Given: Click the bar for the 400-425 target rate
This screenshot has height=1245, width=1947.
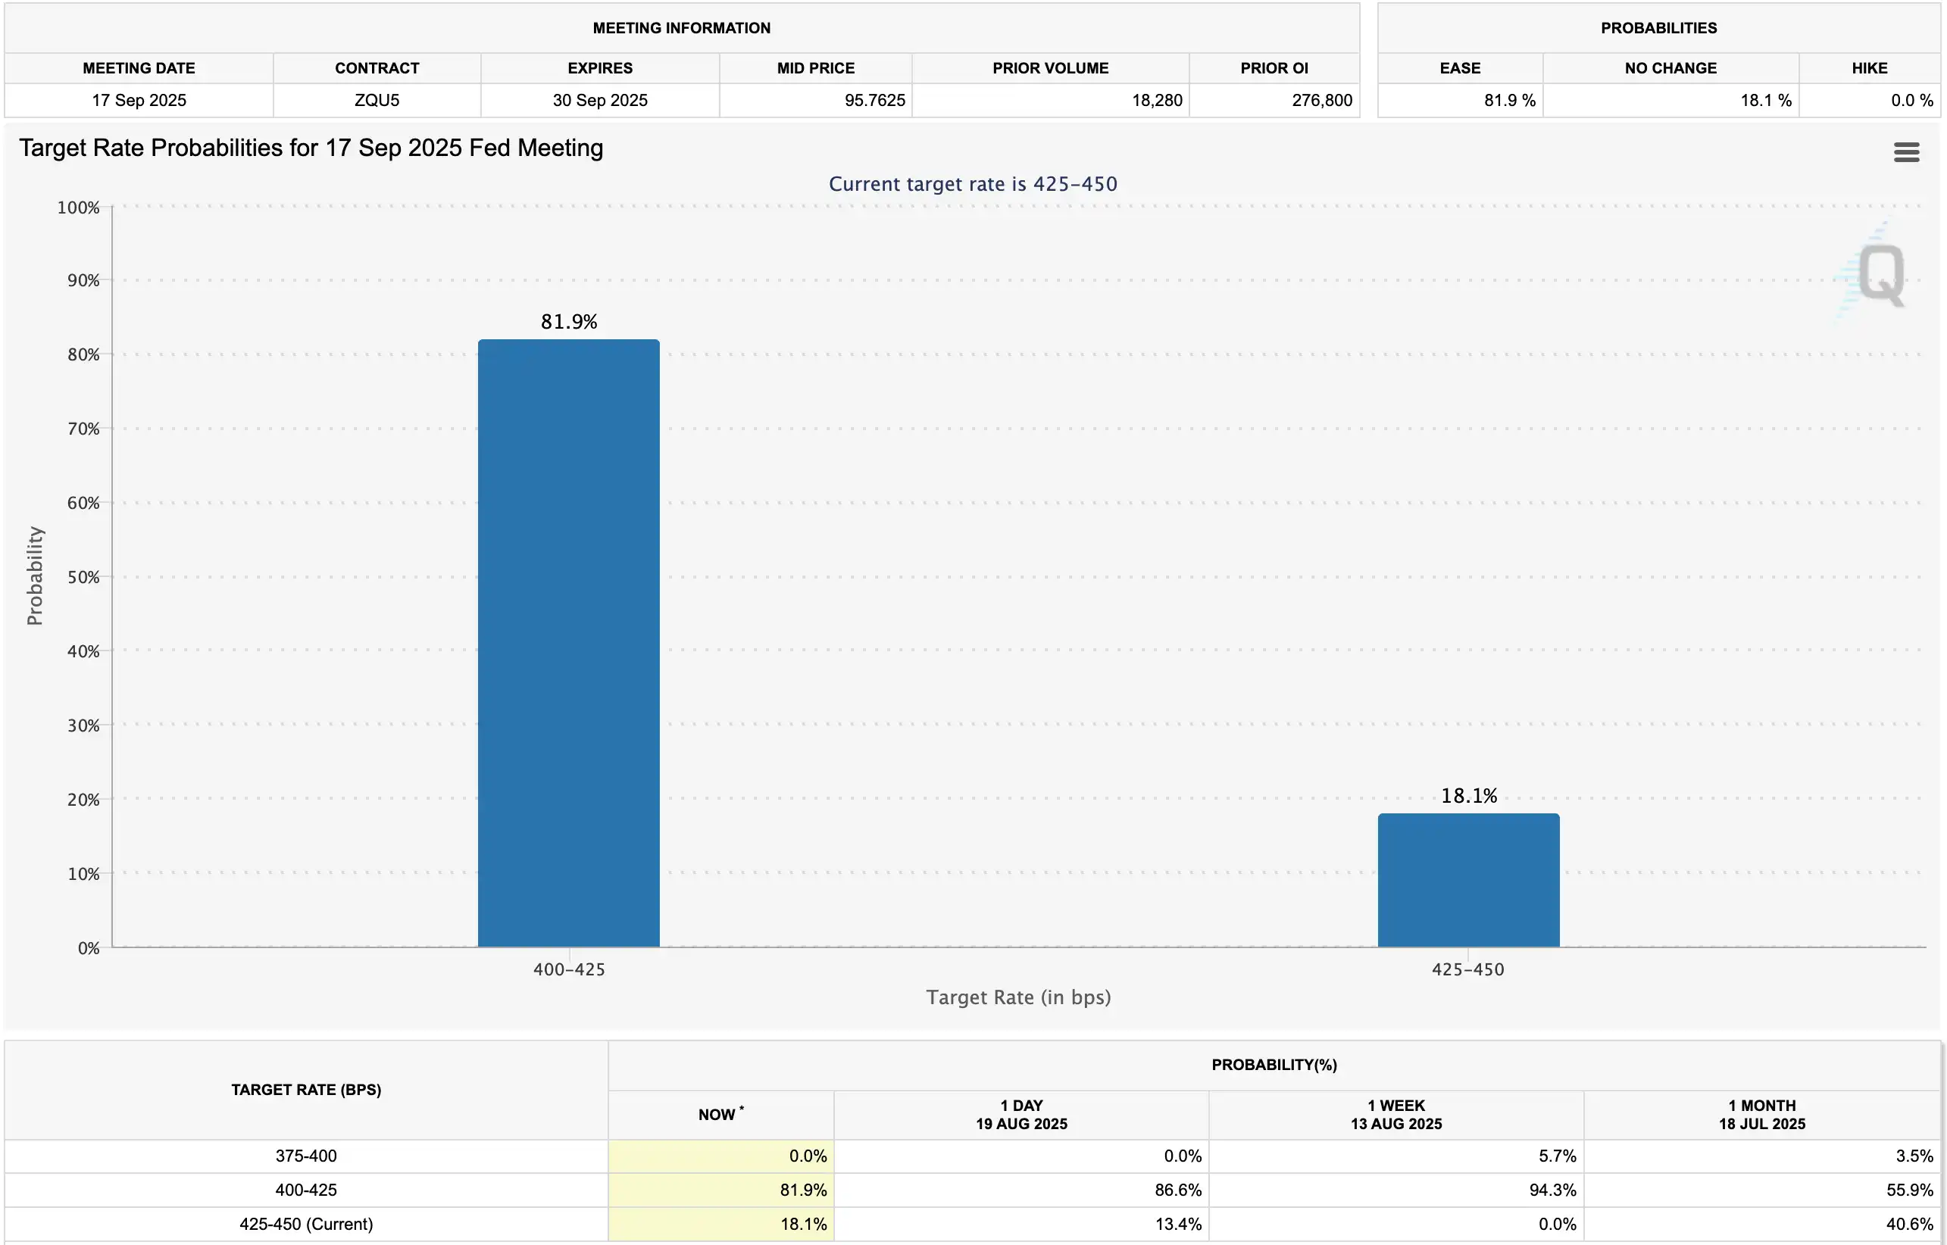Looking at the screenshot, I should (x=568, y=643).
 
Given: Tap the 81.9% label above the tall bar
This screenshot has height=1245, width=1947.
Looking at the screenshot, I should (x=568, y=322).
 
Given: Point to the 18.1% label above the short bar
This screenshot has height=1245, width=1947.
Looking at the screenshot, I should (x=1468, y=795).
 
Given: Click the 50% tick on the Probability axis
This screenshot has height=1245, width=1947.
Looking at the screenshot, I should (x=83, y=577).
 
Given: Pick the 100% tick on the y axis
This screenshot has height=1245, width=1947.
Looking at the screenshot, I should (x=79, y=207).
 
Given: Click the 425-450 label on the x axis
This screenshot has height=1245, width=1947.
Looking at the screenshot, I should (x=1467, y=969).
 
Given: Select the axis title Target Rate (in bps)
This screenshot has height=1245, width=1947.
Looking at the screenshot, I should (x=1018, y=997).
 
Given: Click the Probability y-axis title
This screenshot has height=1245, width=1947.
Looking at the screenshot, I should (x=35, y=576).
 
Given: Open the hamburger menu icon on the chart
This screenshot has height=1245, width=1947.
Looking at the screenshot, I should (x=1906, y=152).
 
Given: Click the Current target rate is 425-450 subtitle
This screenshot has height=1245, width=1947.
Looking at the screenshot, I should (x=973, y=184).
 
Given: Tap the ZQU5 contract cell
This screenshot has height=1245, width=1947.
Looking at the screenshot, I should (x=377, y=100).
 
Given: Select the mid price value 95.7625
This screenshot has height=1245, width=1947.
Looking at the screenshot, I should (x=874, y=100).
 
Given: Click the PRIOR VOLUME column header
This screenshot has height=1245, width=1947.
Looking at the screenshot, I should (x=1050, y=68).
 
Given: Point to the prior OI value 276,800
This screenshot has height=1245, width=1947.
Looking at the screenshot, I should (x=1321, y=100).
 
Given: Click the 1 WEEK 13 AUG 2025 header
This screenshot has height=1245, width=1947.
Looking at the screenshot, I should (x=1395, y=1115).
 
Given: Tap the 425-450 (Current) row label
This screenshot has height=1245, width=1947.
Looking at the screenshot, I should (x=305, y=1224).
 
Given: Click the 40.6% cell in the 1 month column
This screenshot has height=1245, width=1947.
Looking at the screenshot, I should (x=1909, y=1224).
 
